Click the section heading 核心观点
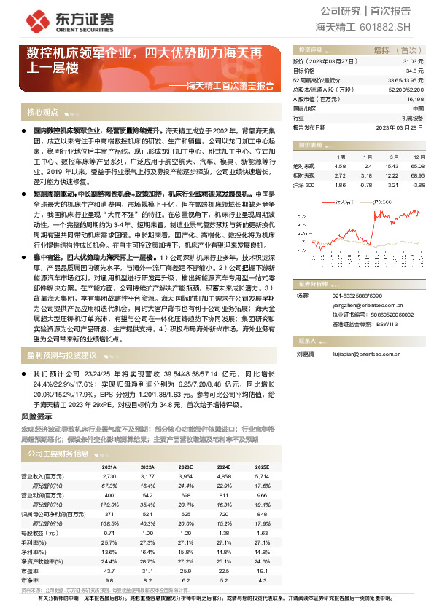pos(42,113)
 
